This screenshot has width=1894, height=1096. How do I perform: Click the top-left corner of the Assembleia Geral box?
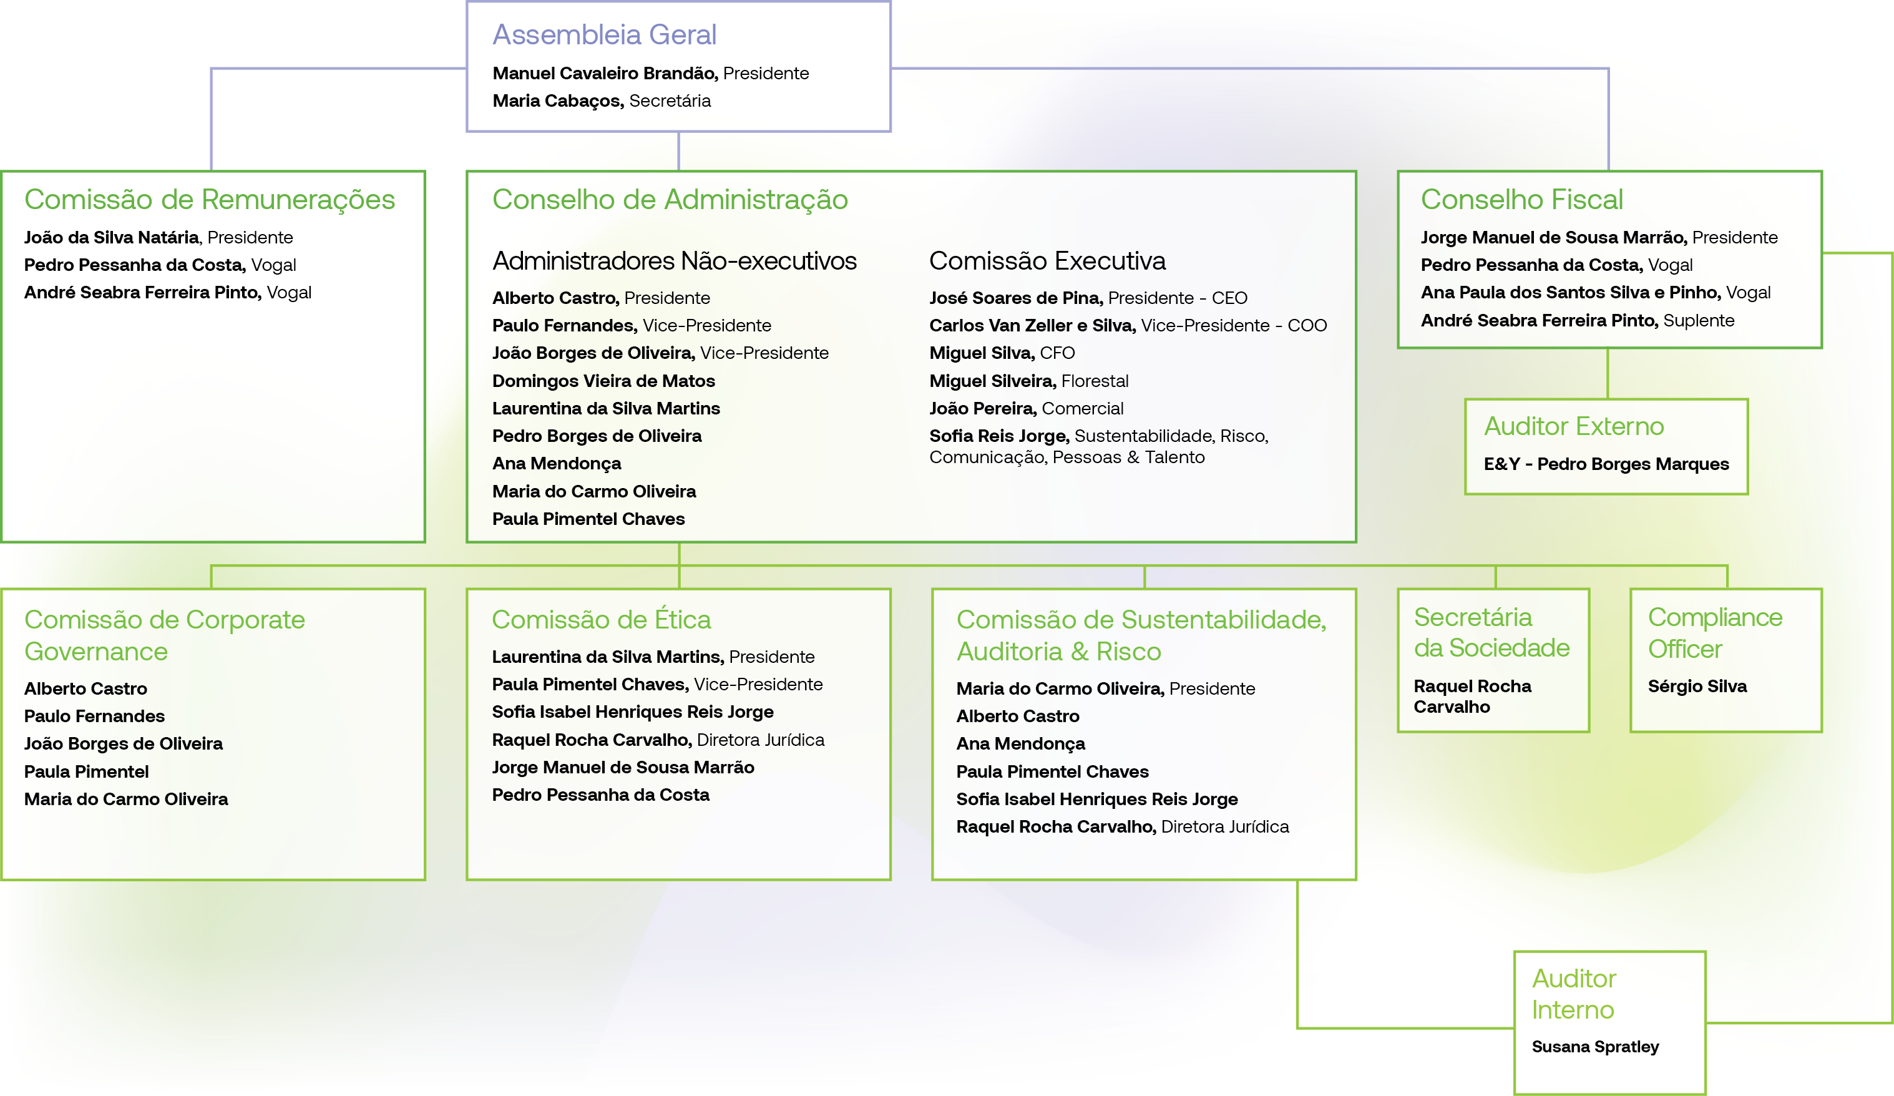pyautogui.click(x=467, y=1)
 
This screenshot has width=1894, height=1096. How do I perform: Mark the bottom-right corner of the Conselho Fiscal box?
pyautogui.click(x=1822, y=347)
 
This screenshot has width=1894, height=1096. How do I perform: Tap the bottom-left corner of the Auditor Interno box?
pyautogui.click(x=1515, y=1094)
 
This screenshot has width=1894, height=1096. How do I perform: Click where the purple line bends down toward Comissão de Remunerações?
pyautogui.click(x=211, y=69)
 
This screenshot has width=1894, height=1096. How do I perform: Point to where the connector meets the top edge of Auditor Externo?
pyautogui.click(x=1608, y=399)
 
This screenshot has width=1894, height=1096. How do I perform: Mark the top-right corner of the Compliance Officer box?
pyautogui.click(x=1822, y=589)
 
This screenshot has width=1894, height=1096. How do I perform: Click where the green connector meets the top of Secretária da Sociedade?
pyautogui.click(x=1496, y=589)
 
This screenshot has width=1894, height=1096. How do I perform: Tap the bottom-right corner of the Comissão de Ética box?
pyautogui.click(x=891, y=879)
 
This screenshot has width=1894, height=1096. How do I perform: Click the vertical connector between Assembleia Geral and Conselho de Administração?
pyautogui.click(x=679, y=151)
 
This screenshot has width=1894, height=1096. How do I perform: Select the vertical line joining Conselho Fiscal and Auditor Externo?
pyautogui.click(x=1608, y=374)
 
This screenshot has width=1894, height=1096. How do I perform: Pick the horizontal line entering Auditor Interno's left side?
pyautogui.click(x=1405, y=1027)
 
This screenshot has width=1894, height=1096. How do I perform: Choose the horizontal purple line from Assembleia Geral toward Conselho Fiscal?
pyautogui.click(x=1250, y=69)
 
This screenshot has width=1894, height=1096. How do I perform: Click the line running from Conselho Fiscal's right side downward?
pyautogui.click(x=1891, y=637)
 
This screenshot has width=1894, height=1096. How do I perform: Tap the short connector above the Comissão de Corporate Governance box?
pyautogui.click(x=211, y=577)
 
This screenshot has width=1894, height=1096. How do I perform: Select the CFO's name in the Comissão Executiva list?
pyautogui.click(x=982, y=353)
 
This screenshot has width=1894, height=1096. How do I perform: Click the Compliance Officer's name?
pyautogui.click(x=1697, y=687)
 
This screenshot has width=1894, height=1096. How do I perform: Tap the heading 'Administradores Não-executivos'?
pyautogui.click(x=674, y=261)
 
